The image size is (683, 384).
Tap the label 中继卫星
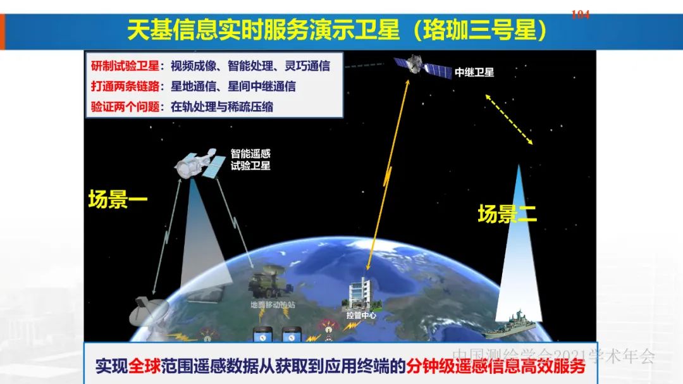point(474,72)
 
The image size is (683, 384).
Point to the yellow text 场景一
point(118,200)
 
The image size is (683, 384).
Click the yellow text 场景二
point(507,214)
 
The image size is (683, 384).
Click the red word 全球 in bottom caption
point(144,366)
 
